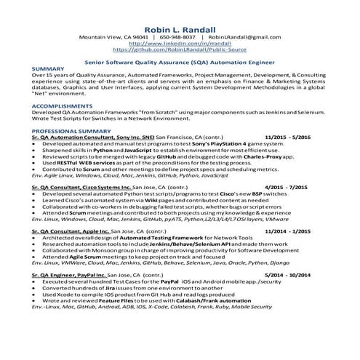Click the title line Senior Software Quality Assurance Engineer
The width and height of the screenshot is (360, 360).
click(x=180, y=63)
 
